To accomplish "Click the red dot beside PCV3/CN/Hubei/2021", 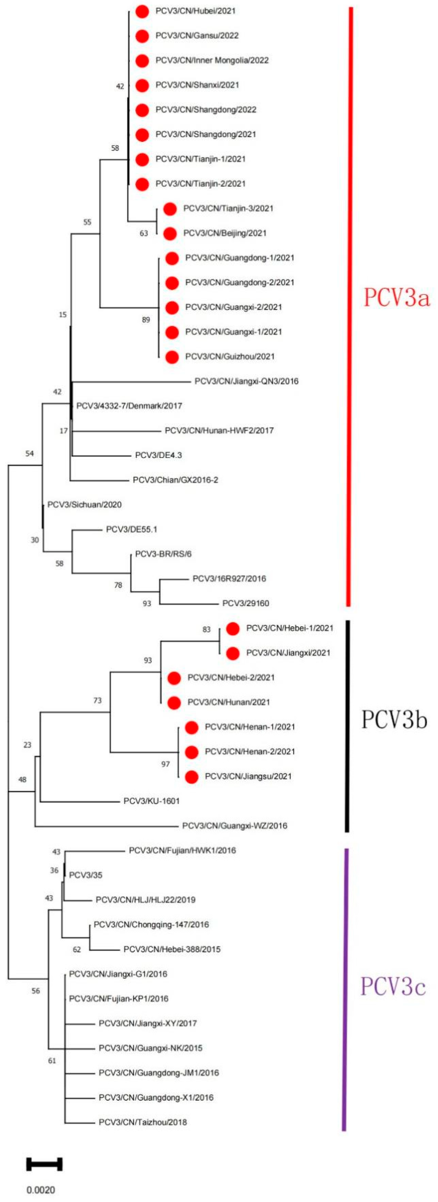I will (x=142, y=11).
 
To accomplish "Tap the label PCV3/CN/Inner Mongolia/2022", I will (x=212, y=60).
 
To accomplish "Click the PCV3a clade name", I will (x=396, y=297).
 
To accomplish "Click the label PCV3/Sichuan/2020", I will (x=85, y=505).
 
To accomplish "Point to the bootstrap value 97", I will (x=165, y=764).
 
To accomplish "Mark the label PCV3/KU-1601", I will (x=151, y=801).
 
